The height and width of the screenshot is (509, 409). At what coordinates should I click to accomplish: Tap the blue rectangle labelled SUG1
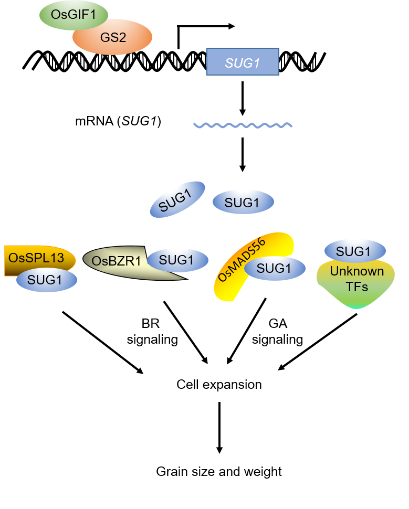(x=243, y=62)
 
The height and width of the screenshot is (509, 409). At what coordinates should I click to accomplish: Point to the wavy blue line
(x=243, y=125)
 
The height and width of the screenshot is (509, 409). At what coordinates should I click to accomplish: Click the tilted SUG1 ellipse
(x=177, y=199)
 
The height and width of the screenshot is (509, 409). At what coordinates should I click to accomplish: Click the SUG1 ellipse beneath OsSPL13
(x=47, y=280)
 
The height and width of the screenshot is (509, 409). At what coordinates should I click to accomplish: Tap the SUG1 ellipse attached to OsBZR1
(x=177, y=260)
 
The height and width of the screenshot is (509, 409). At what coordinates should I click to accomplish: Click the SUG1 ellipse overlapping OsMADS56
(x=275, y=269)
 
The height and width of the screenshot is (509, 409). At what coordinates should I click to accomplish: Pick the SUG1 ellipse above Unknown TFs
(x=355, y=251)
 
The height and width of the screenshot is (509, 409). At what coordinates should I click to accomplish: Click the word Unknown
(x=356, y=272)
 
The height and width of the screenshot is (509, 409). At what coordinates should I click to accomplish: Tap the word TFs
(x=356, y=287)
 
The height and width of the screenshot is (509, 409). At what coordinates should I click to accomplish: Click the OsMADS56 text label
(x=242, y=260)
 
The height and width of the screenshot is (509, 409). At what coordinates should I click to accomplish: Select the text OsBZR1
(x=116, y=261)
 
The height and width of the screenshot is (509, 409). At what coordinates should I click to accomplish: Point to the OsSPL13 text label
(x=36, y=258)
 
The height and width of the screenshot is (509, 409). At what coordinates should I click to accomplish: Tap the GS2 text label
(x=113, y=38)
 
